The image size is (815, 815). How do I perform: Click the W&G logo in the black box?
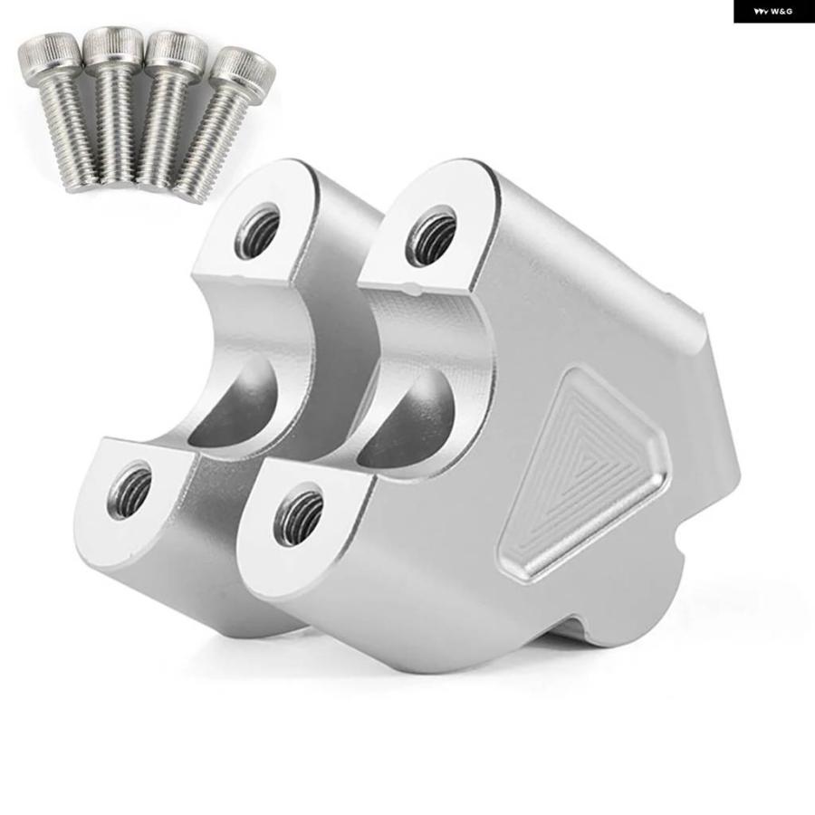pos(773,11)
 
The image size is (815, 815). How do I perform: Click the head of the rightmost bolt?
pos(244,70)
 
